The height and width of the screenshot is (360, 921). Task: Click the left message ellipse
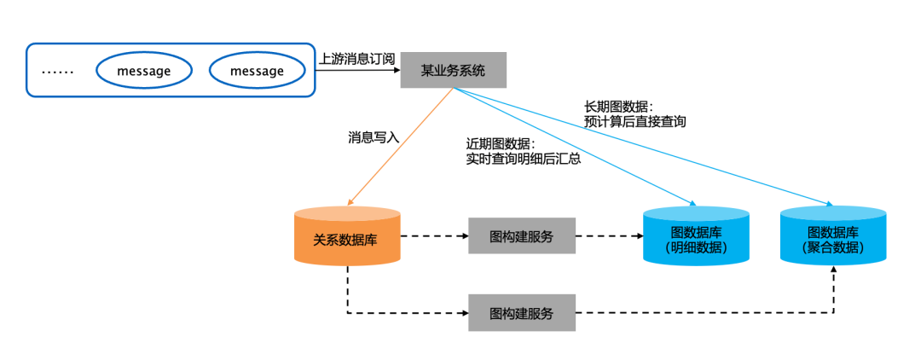144,71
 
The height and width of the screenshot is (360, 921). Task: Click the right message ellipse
257,71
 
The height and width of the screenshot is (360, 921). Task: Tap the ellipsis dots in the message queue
58,72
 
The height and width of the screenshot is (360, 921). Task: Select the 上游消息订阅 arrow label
357,59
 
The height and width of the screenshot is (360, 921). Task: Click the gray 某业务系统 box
454,70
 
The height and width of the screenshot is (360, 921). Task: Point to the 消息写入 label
373,136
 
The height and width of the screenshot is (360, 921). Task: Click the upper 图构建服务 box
521,235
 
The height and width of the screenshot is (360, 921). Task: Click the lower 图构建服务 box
521,313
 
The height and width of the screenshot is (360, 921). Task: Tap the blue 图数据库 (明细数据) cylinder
696,237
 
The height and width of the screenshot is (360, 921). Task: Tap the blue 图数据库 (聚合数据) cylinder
833,237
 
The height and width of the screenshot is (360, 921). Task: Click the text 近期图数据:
500,143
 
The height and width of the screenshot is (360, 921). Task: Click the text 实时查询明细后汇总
523,159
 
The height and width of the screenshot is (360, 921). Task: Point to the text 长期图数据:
618,107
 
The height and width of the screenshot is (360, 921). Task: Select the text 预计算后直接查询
634,122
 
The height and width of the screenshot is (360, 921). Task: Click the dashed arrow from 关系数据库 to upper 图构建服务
434,235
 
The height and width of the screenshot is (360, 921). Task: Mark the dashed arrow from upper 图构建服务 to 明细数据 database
609,235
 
